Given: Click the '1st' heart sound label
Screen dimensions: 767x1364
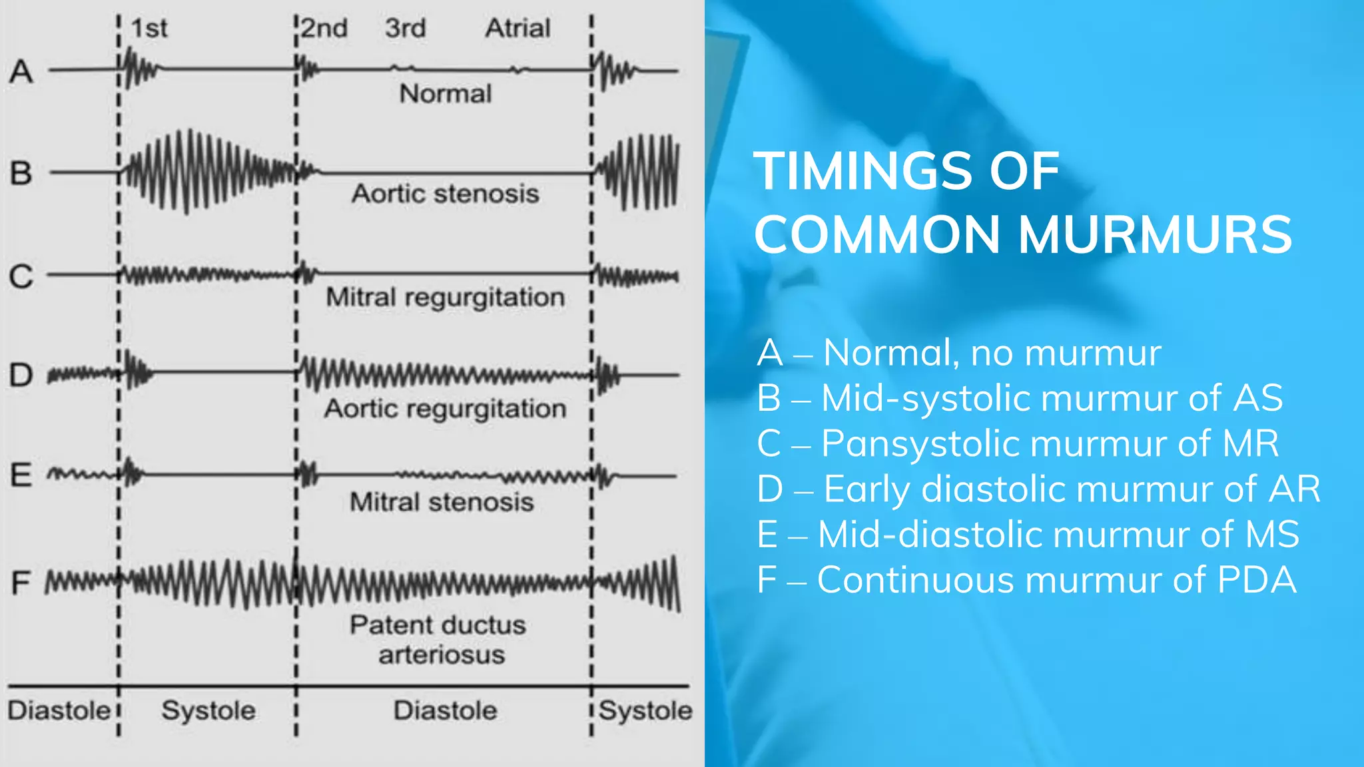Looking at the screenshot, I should (x=149, y=29).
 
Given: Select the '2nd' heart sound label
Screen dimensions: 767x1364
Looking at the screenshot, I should (x=324, y=29).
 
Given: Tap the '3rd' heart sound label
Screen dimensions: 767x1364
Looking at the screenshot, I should (x=405, y=29).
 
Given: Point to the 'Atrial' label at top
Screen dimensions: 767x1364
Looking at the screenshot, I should (x=517, y=29).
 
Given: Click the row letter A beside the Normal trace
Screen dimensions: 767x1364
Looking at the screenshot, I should (x=21, y=72).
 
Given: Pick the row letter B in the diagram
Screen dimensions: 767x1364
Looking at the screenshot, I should (x=21, y=173).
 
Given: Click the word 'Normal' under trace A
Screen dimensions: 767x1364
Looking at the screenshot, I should (x=446, y=94).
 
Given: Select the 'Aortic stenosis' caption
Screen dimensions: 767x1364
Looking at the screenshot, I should (x=446, y=194).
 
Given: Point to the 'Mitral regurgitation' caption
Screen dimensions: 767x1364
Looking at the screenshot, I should (x=446, y=297).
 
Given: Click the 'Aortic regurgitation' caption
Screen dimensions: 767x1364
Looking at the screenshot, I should (x=446, y=408).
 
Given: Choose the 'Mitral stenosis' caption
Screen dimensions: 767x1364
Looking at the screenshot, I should (x=442, y=502).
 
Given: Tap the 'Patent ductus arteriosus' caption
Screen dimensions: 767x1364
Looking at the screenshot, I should (x=439, y=640).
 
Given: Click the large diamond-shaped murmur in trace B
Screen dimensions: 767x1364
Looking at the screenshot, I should (x=200, y=172).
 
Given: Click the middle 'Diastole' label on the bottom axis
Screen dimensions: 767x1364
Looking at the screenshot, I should (x=446, y=710).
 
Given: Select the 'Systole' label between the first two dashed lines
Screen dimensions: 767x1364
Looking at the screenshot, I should (x=208, y=710).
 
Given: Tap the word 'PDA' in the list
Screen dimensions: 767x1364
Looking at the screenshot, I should (x=1256, y=580).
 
